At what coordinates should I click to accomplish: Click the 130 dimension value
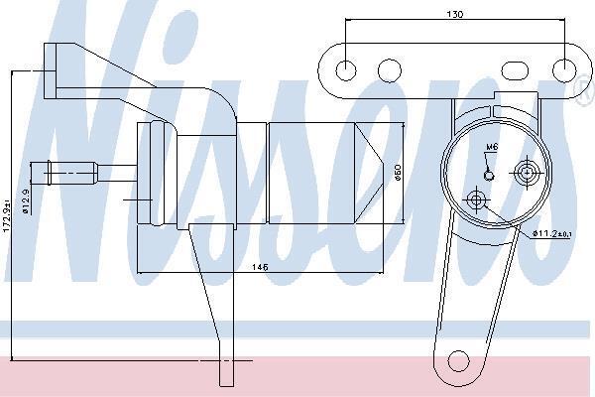(454, 15)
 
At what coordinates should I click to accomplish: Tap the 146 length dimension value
(260, 267)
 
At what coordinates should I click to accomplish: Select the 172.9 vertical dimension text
(7, 218)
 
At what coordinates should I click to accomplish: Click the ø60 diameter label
(398, 172)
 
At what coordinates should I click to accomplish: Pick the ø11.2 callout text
(551, 233)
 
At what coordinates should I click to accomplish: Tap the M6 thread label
(492, 147)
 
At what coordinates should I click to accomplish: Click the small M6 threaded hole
(489, 175)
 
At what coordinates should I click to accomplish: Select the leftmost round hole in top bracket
(346, 70)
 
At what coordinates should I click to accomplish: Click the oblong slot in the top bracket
(515, 70)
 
